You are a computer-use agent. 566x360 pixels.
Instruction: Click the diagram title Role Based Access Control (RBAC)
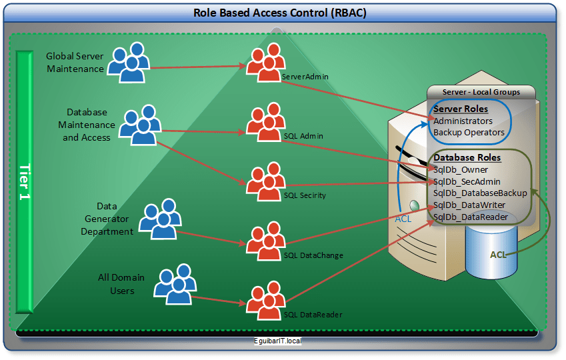[280, 13]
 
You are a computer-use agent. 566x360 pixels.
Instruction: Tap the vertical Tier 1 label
[25, 181]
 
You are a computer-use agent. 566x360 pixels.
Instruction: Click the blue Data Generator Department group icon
[158, 219]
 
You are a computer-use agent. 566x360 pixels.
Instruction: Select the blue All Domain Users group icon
[175, 283]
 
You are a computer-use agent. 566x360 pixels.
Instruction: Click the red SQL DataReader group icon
[266, 301]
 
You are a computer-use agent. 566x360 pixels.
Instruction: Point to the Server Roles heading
[461, 109]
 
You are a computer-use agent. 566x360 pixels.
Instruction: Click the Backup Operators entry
[469, 132]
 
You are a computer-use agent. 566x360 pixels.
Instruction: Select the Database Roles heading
[467, 158]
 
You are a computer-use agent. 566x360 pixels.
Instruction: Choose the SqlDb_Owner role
[461, 169]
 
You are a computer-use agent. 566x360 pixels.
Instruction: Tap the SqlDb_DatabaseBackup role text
[480, 193]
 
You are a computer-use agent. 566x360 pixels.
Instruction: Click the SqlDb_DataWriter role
[469, 205]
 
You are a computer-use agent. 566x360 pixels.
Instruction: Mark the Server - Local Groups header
[481, 92]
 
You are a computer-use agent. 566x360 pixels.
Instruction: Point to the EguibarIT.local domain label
[278, 341]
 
